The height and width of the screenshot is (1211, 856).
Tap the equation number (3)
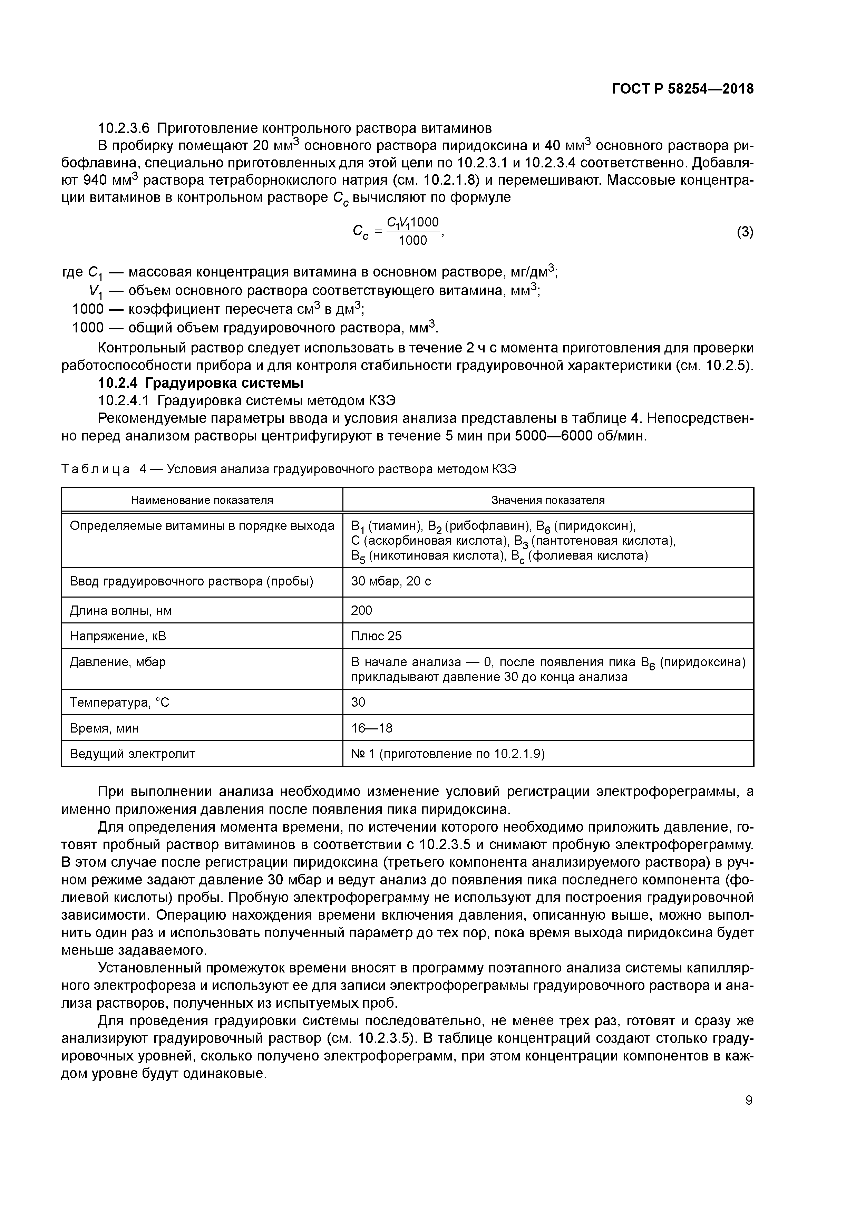click(x=745, y=232)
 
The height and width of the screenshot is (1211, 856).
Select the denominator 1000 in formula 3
click(x=412, y=241)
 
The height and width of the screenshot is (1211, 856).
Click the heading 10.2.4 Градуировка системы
click(x=201, y=383)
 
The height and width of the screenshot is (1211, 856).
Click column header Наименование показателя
click(x=202, y=500)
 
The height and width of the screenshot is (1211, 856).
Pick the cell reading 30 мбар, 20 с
click(x=391, y=582)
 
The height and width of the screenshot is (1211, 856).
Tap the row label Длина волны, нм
click(x=121, y=610)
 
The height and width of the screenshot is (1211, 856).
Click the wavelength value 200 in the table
click(x=362, y=610)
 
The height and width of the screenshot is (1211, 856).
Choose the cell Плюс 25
click(x=376, y=636)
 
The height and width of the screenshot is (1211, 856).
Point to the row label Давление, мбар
click(x=118, y=662)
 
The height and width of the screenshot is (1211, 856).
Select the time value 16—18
click(x=371, y=728)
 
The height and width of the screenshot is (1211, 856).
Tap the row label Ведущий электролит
click(x=133, y=754)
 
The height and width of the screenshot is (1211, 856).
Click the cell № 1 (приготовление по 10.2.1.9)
click(x=448, y=754)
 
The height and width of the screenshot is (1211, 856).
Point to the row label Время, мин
click(x=105, y=728)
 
